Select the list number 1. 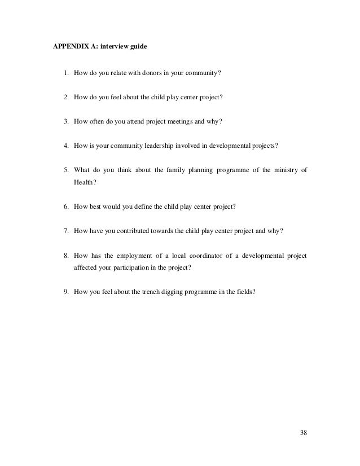65,72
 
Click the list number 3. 65,120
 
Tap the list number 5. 65,169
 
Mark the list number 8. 65,254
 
